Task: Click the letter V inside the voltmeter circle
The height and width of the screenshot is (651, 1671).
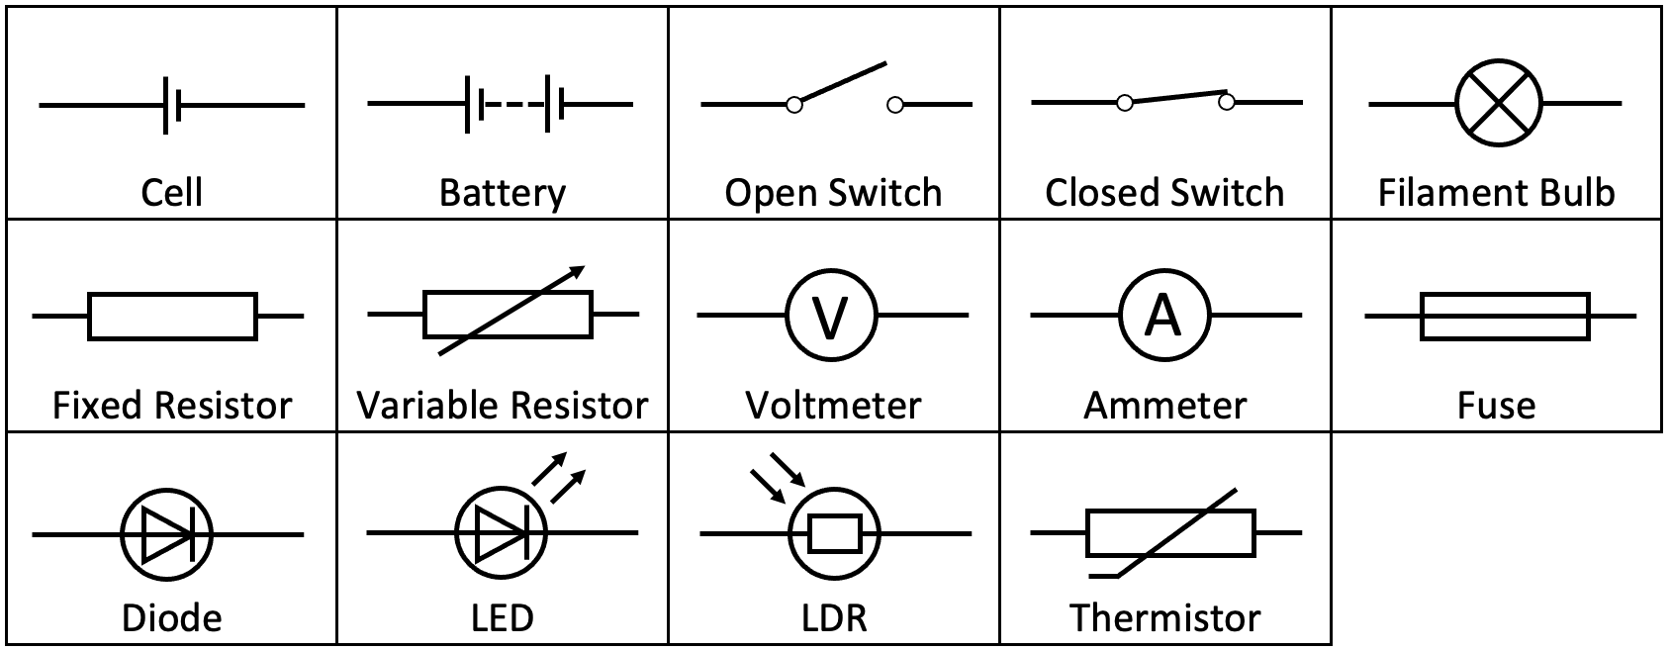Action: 832,317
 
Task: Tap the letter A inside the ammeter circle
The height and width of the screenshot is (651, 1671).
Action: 1163,316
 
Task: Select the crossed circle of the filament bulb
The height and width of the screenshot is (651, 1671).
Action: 1499,103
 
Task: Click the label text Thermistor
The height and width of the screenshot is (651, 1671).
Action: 1164,618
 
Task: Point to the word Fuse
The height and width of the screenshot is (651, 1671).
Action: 1496,406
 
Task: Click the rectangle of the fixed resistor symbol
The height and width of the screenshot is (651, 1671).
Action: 172,316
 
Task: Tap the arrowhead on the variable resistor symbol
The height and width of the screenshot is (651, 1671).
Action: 578,271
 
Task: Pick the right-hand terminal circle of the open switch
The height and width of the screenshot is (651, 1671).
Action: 895,104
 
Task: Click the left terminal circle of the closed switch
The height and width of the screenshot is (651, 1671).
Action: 1124,103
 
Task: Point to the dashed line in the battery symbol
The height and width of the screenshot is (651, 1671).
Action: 514,104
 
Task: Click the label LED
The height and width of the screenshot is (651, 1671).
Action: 503,618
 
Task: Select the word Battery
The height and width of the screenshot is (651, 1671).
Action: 503,193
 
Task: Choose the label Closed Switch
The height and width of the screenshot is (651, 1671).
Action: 1164,193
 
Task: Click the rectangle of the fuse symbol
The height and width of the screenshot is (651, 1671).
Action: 1504,316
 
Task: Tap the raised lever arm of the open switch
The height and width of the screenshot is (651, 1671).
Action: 843,82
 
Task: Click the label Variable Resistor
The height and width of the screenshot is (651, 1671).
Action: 503,406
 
